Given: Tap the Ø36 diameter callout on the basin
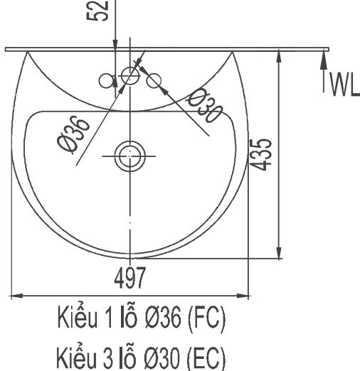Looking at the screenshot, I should click(75, 133).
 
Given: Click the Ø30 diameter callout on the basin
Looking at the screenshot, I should click(203, 107).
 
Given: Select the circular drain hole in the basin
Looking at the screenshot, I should click(129, 154).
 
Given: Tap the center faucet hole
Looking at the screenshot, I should click(129, 75).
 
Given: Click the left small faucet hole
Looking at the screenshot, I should click(108, 81).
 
